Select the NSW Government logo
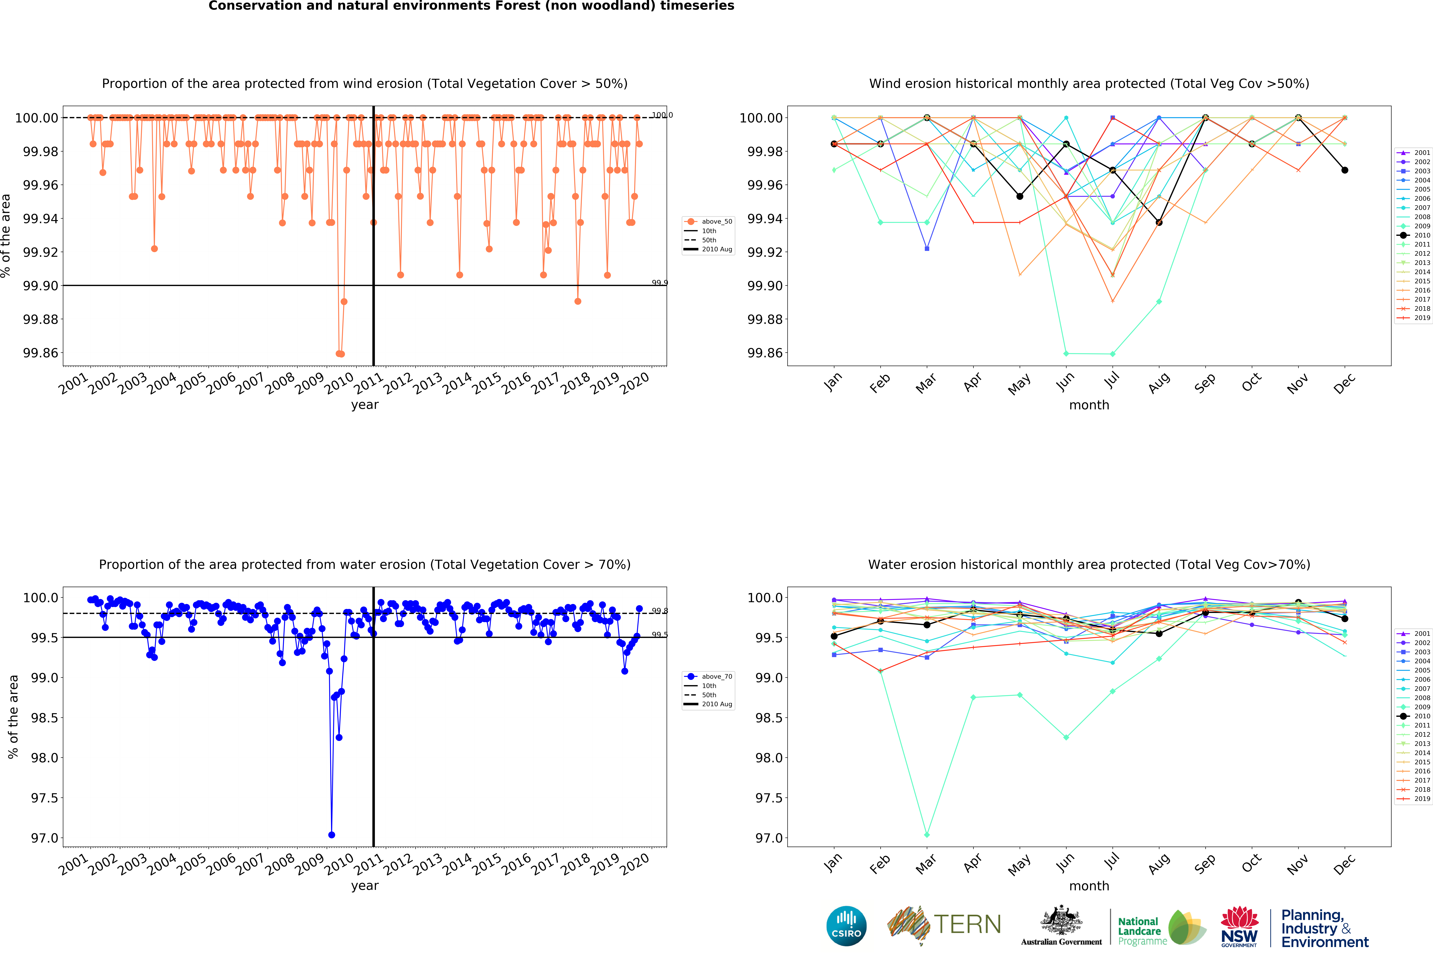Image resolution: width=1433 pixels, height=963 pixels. tap(1239, 926)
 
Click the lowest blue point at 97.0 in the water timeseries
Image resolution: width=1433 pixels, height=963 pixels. tap(331, 835)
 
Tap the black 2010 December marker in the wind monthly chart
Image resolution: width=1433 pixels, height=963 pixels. tap(1345, 170)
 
